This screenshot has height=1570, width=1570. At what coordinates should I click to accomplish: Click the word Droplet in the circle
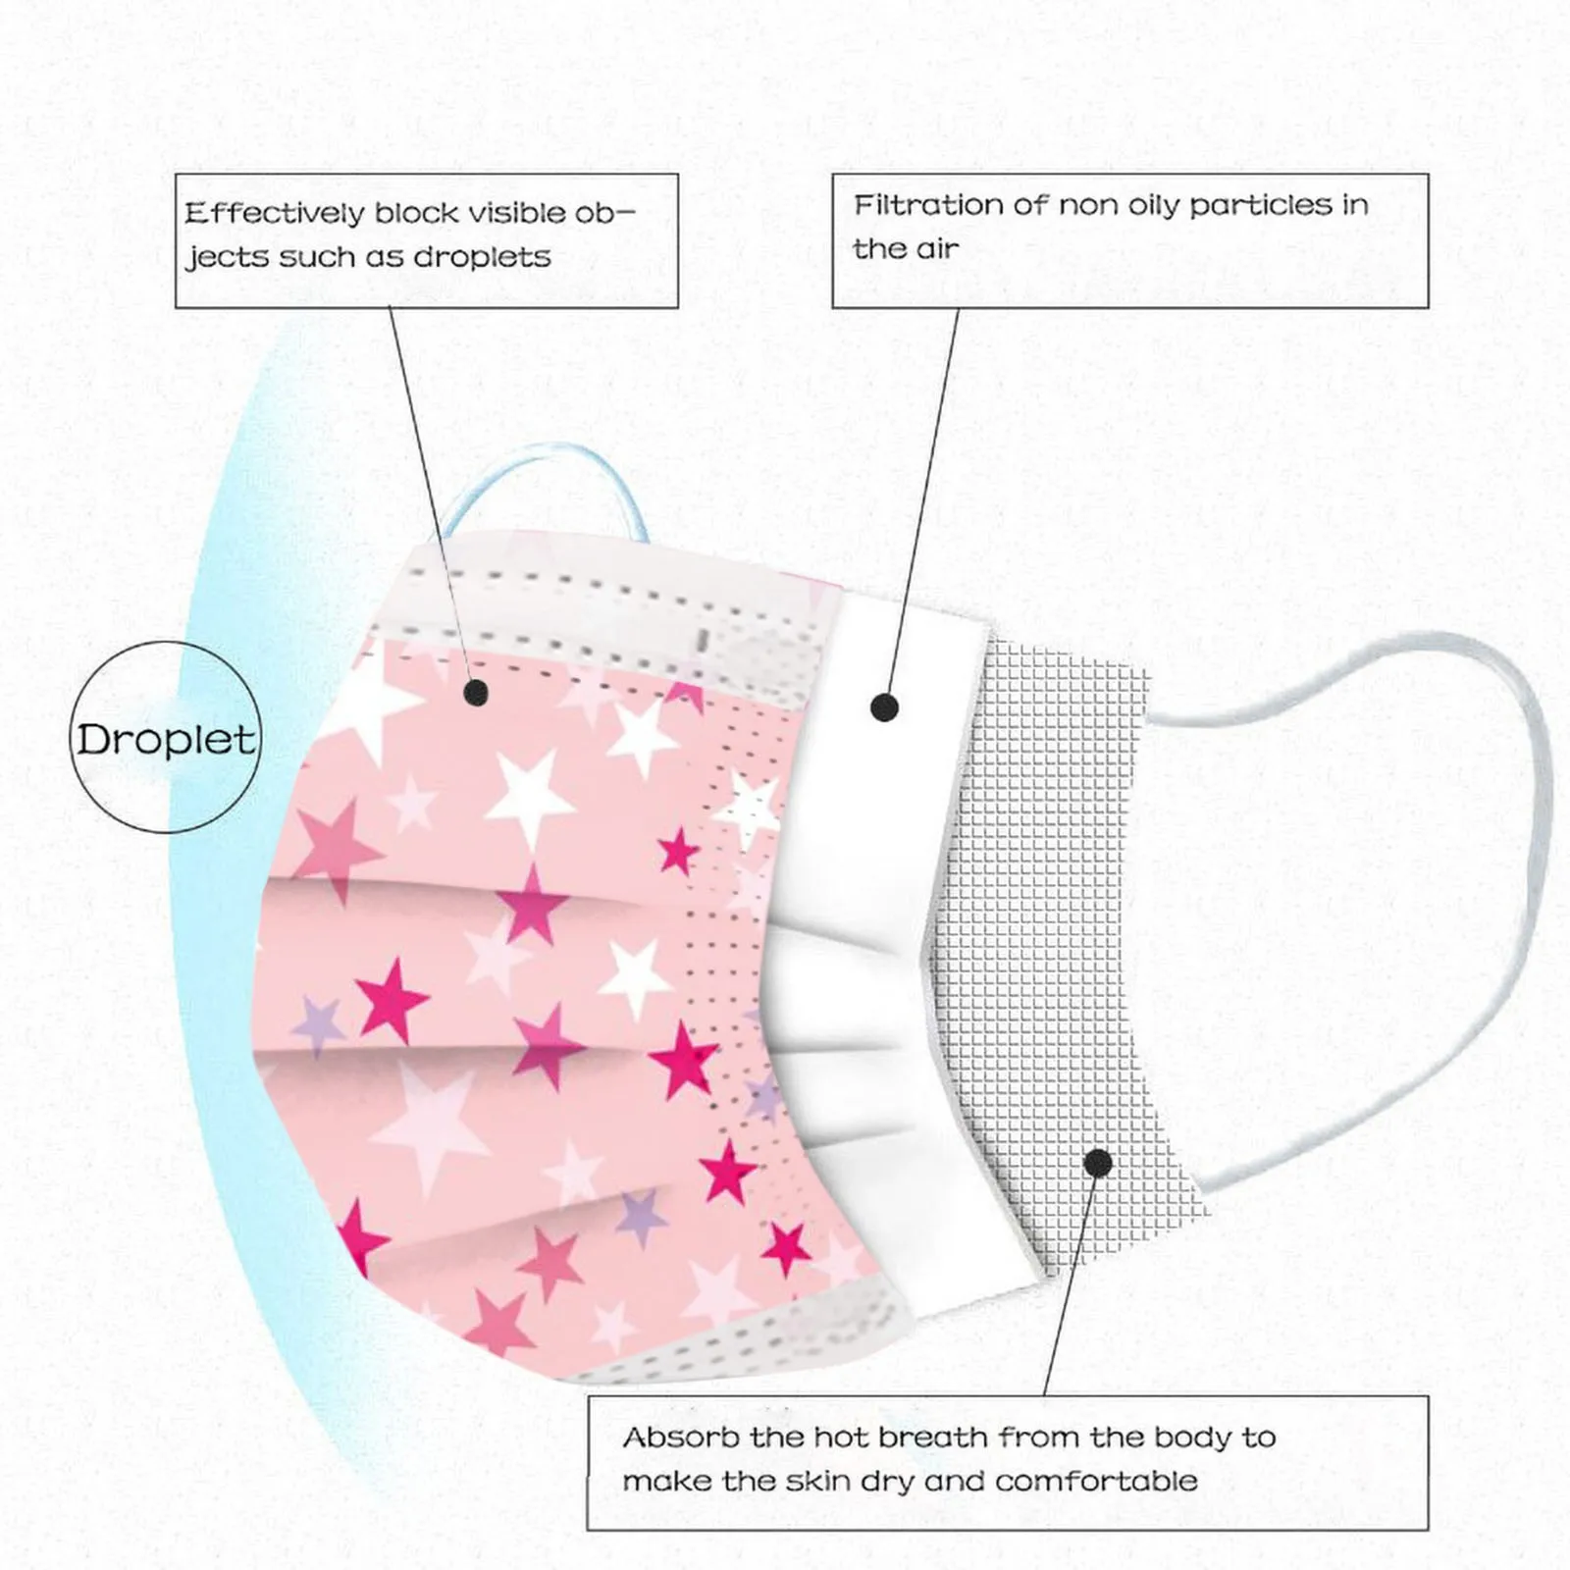click(166, 739)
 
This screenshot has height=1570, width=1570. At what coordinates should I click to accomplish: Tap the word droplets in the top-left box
click(482, 257)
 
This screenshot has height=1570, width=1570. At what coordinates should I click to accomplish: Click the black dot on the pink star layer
click(476, 694)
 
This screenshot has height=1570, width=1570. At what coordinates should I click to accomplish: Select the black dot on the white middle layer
click(884, 706)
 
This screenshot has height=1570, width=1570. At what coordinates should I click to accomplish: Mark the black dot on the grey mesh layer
click(1098, 1164)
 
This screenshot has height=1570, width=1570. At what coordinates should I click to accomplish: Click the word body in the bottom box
click(1192, 1438)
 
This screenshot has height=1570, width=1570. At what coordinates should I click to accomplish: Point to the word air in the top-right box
click(937, 249)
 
